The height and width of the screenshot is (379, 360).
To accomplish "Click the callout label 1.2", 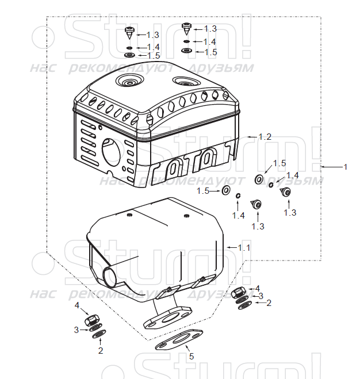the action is point(265,137).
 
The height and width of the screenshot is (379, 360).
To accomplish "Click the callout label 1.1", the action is point(244,248).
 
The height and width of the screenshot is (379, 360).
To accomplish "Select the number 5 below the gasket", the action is point(192,356).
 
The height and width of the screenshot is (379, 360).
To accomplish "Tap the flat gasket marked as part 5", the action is point(179,339).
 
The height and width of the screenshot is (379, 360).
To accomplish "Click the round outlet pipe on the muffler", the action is point(110,275).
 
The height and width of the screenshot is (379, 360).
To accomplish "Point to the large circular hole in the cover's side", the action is point(111,152).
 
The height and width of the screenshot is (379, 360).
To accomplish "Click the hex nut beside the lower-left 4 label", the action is point(92,320).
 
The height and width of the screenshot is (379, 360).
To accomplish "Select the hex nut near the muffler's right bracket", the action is point(239,293).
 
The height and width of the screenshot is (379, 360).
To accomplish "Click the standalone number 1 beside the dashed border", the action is point(346,167).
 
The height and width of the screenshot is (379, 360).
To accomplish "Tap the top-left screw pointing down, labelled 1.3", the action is point(130,33).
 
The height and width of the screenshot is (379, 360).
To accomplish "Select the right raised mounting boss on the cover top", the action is point(186,82).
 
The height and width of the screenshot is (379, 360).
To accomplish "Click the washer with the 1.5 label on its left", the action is point(226,190).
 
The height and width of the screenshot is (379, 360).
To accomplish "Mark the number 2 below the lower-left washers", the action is point(101,350).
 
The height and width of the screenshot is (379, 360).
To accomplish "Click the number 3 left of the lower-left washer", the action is point(76,330).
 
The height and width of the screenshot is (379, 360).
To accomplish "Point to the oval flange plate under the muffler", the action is point(167,317).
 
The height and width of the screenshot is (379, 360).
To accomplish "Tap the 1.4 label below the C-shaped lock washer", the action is point(239,216).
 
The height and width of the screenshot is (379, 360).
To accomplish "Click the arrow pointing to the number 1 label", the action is point(331,167).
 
